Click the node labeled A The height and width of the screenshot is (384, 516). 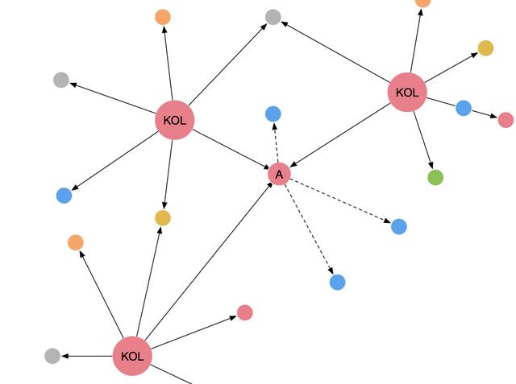[x=279, y=174]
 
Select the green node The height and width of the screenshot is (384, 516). [x=435, y=177]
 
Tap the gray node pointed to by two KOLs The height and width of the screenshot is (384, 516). [x=273, y=17]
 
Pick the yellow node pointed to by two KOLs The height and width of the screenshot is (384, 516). [x=163, y=218]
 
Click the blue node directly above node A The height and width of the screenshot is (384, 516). [x=273, y=114]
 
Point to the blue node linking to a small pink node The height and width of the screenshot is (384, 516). [x=464, y=108]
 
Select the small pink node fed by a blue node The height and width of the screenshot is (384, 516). [x=506, y=120]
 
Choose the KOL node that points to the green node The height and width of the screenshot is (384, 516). [x=407, y=93]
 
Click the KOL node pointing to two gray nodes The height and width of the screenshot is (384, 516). [x=175, y=120]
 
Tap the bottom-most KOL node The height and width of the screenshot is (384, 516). [x=132, y=356]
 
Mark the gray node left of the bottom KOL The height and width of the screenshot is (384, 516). [x=52, y=356]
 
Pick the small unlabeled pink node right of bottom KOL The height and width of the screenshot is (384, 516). [x=245, y=312]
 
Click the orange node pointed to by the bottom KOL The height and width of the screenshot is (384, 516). [x=76, y=243]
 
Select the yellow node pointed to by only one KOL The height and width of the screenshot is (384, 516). [x=485, y=48]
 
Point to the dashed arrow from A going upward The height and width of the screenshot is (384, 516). [x=276, y=142]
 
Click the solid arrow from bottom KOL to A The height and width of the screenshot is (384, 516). [x=209, y=261]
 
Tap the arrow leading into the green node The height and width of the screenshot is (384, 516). [x=423, y=140]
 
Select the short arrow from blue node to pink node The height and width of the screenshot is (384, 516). [x=485, y=114]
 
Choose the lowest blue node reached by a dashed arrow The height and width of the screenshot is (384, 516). [x=338, y=283]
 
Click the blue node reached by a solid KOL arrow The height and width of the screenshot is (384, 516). [x=64, y=196]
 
